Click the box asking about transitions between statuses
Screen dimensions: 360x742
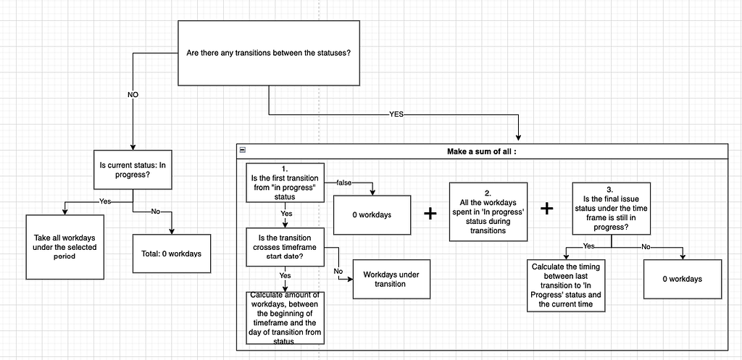tap(269, 53)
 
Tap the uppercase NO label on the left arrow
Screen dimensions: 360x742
tap(133, 95)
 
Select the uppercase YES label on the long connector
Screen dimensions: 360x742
tap(396, 114)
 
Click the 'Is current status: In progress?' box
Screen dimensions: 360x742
tap(132, 169)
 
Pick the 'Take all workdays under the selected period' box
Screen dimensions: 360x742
tap(64, 247)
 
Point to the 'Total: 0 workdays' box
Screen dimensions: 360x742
tap(171, 254)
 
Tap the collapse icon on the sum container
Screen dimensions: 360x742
tap(242, 151)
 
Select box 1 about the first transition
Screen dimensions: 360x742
tap(285, 183)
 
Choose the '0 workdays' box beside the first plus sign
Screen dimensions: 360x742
tap(372, 214)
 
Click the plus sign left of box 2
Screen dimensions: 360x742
tap(430, 214)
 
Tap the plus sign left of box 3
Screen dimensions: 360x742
tap(547, 209)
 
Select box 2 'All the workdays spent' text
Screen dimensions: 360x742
tap(488, 212)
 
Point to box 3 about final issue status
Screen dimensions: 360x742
tap(611, 208)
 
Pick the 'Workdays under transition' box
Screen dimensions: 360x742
tap(391, 279)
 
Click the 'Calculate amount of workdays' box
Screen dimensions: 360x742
tap(285, 317)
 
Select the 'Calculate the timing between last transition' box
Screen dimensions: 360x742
tap(566, 285)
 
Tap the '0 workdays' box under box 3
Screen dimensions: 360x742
tap(683, 279)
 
